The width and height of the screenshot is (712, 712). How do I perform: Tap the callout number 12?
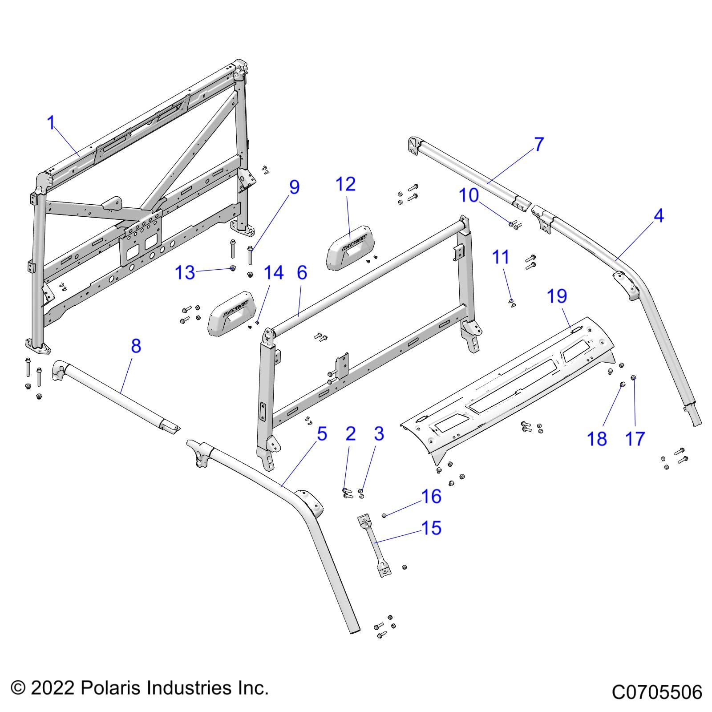point(346,184)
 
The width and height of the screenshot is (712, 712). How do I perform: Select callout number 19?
point(557,296)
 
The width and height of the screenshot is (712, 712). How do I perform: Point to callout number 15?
point(431,528)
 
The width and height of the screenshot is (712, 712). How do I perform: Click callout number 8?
point(136,346)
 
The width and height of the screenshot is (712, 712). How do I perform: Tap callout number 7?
point(539,144)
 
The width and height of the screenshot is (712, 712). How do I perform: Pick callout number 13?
point(185,272)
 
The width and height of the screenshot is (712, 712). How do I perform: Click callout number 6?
point(302,272)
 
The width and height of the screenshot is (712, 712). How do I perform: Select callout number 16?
point(431,496)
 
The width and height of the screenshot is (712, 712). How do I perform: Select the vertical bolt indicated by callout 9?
point(250,255)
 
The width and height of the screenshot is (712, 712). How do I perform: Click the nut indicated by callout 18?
point(623,384)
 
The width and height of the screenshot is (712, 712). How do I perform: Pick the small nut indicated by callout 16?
point(384,515)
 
